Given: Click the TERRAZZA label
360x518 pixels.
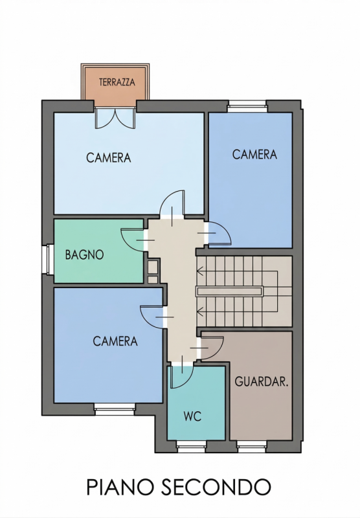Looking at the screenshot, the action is tap(117, 82).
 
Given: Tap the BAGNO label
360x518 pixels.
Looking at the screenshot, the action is tap(85, 254).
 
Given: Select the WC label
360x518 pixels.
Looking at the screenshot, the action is tap(192, 416).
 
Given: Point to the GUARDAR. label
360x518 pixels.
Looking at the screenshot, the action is tap(262, 381).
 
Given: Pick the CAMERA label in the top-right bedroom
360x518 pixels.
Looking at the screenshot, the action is tap(254, 154).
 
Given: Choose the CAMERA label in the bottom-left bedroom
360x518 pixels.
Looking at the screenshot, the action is tap(115, 341).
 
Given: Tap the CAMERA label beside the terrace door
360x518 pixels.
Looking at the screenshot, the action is tap(109, 157).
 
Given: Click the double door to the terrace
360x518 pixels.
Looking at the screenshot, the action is tap(115, 117).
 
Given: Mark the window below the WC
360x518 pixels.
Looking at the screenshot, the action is tap(191, 447).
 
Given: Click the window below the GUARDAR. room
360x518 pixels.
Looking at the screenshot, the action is tap(252, 447).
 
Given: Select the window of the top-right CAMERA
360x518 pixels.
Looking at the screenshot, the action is tap(247, 106).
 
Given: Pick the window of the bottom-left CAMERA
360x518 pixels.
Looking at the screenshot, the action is tap(115, 409).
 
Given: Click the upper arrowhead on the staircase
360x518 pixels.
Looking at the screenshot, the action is tap(199, 271).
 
